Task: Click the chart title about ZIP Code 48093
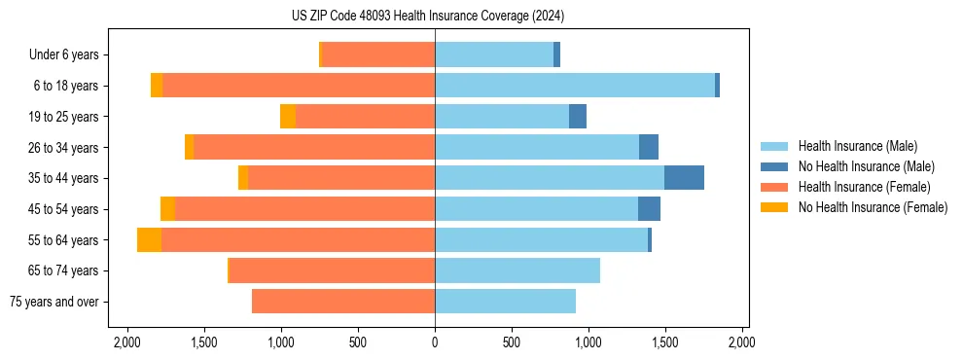click(427, 17)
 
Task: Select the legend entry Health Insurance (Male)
click(856, 146)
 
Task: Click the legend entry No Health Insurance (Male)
click(866, 166)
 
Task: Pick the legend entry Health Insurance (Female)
click(860, 187)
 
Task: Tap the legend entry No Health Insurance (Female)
click(872, 207)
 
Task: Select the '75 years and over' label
click(55, 302)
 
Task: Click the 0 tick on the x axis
click(435, 342)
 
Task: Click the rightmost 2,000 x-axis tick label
click(742, 342)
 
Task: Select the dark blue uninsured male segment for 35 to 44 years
click(684, 178)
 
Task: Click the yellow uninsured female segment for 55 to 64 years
click(149, 239)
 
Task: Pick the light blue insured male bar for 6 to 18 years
click(574, 86)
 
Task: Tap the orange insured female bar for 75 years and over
click(342, 302)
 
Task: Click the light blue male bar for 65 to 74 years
click(517, 270)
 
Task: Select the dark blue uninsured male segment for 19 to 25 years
click(578, 117)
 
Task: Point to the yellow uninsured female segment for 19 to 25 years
click(288, 117)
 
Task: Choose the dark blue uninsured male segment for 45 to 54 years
click(649, 209)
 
